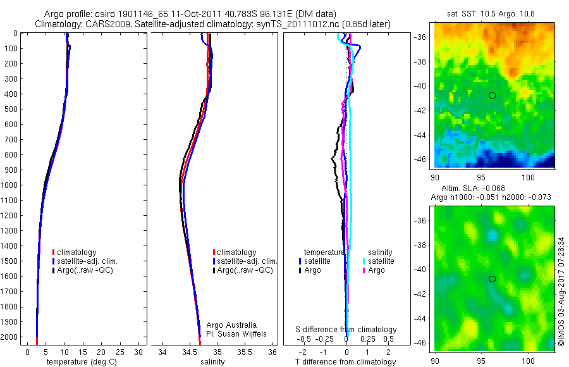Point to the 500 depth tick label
[11, 109]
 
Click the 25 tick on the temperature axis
[119, 352]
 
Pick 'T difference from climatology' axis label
[346, 362]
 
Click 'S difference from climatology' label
[346, 330]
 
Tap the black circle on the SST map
[493, 96]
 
